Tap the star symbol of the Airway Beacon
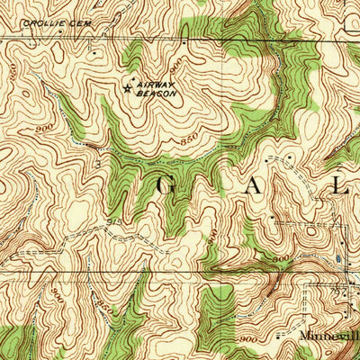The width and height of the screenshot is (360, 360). point(126,87)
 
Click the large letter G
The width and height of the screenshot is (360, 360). point(170,186)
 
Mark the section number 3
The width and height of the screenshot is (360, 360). point(97,166)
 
